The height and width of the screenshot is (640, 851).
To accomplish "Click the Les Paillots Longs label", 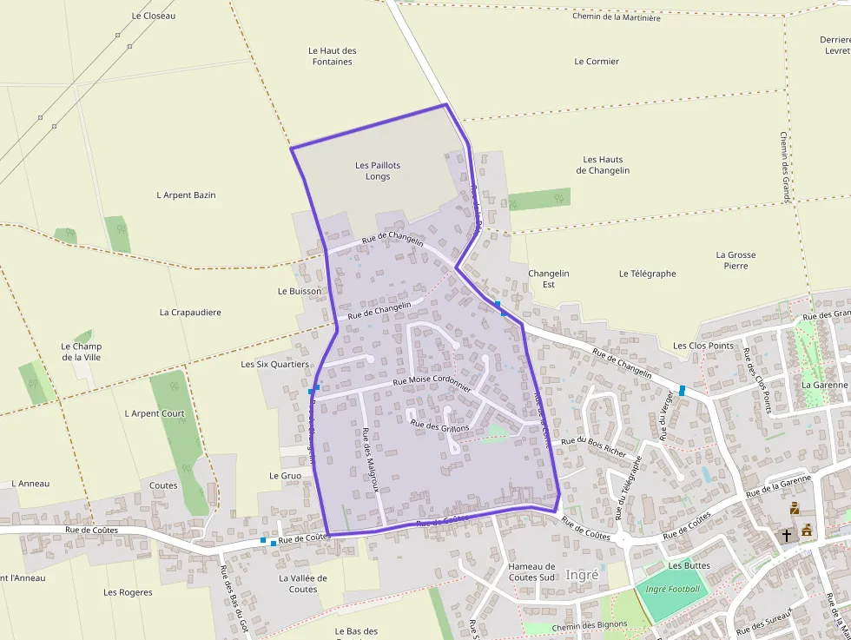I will pos(378,171).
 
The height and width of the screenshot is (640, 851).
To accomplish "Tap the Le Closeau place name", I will pos(154,16).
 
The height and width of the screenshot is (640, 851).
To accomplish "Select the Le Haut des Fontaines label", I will pos(333,56).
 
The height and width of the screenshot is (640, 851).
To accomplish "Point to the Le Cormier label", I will pos(597,62).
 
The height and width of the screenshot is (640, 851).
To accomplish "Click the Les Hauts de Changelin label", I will pos(603,165).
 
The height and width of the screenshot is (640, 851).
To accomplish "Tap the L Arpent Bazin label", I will pos(186,195).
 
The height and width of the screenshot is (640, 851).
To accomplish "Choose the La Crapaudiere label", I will pos(190,313).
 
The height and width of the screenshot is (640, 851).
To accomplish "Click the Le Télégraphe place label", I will pos(647,274).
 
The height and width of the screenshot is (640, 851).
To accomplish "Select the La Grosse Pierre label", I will pos(736,261).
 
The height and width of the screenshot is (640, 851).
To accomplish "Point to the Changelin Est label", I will pos(548,279).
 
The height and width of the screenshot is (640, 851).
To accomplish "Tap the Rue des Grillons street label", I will pos(439,426).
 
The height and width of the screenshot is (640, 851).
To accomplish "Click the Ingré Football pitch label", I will pos(672,589).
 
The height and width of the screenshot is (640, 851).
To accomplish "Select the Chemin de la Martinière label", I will pos(616,17).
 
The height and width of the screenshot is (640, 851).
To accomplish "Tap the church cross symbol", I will pos(787,535).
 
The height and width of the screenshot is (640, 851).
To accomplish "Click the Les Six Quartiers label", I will pos(274,365).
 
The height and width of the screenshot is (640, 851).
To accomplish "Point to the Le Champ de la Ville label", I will pos(81,352).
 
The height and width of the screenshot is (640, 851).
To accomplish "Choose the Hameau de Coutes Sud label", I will pos(531,571).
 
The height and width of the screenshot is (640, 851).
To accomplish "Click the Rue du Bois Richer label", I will pos(594,446).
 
